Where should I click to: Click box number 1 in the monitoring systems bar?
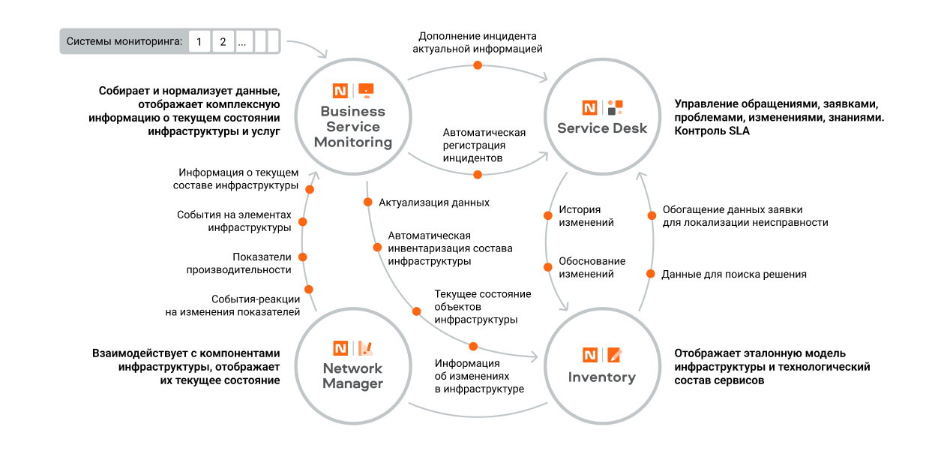pos(199,41)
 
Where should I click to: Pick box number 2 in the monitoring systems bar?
pos(223,41)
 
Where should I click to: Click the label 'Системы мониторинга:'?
pos(124,41)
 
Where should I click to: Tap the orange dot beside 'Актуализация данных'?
pos(368,202)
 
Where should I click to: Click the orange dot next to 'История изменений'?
pos(548,216)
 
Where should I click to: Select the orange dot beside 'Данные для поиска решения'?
pos(650,275)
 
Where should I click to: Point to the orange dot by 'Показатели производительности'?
pos(303,257)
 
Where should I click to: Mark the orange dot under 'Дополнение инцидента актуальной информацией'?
pos(477,66)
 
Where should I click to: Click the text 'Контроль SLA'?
pos(712,131)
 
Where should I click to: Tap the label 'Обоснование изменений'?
pos(592,267)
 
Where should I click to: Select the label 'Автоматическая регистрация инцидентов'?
pos(484,146)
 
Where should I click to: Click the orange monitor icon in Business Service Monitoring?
pos(365,91)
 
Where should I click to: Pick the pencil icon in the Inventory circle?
pos(614,355)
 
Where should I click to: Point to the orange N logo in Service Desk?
pos(590,107)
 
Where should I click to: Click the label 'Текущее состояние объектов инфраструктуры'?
pos(482,307)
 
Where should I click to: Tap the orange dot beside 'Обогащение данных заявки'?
pos(652,216)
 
